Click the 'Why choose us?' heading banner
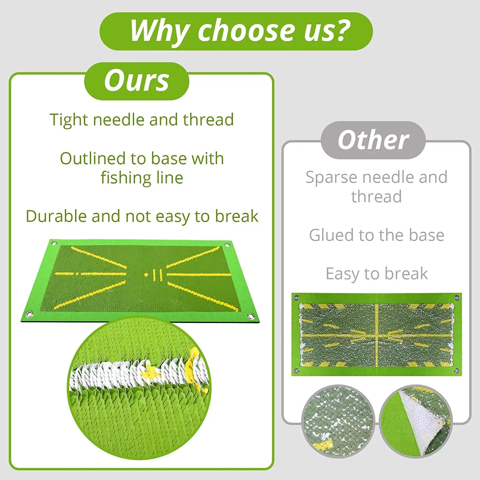pos(236,31)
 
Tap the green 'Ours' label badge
pos(137,81)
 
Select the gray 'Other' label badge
pos(373,140)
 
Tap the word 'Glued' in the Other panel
pos(331,235)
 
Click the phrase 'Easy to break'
pos(377,274)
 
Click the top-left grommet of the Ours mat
pos(54,244)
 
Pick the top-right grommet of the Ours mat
pos(228,245)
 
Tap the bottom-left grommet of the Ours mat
pos(29,314)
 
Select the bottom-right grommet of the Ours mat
pos(251,316)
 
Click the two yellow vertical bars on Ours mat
pos(157,275)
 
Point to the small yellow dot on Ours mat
pos(146,275)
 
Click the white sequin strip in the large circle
pos(134,374)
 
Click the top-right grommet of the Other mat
pos(457,298)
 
